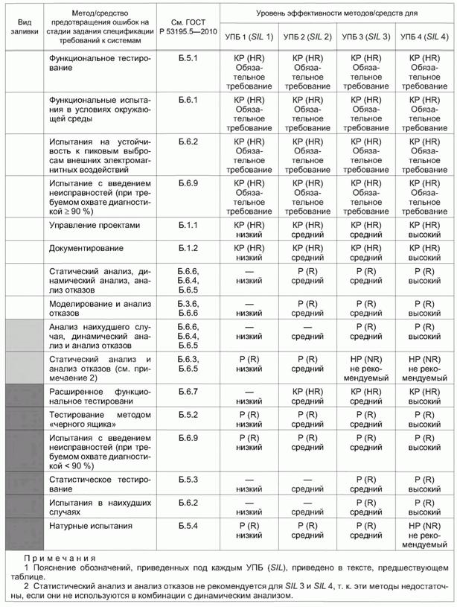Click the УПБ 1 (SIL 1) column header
pos(249,36)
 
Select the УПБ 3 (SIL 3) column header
pos(365,36)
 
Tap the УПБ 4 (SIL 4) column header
pos(424,36)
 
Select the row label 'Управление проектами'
pos(94,224)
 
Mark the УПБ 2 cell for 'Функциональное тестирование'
pos(307,71)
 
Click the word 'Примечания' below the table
pos(60,558)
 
